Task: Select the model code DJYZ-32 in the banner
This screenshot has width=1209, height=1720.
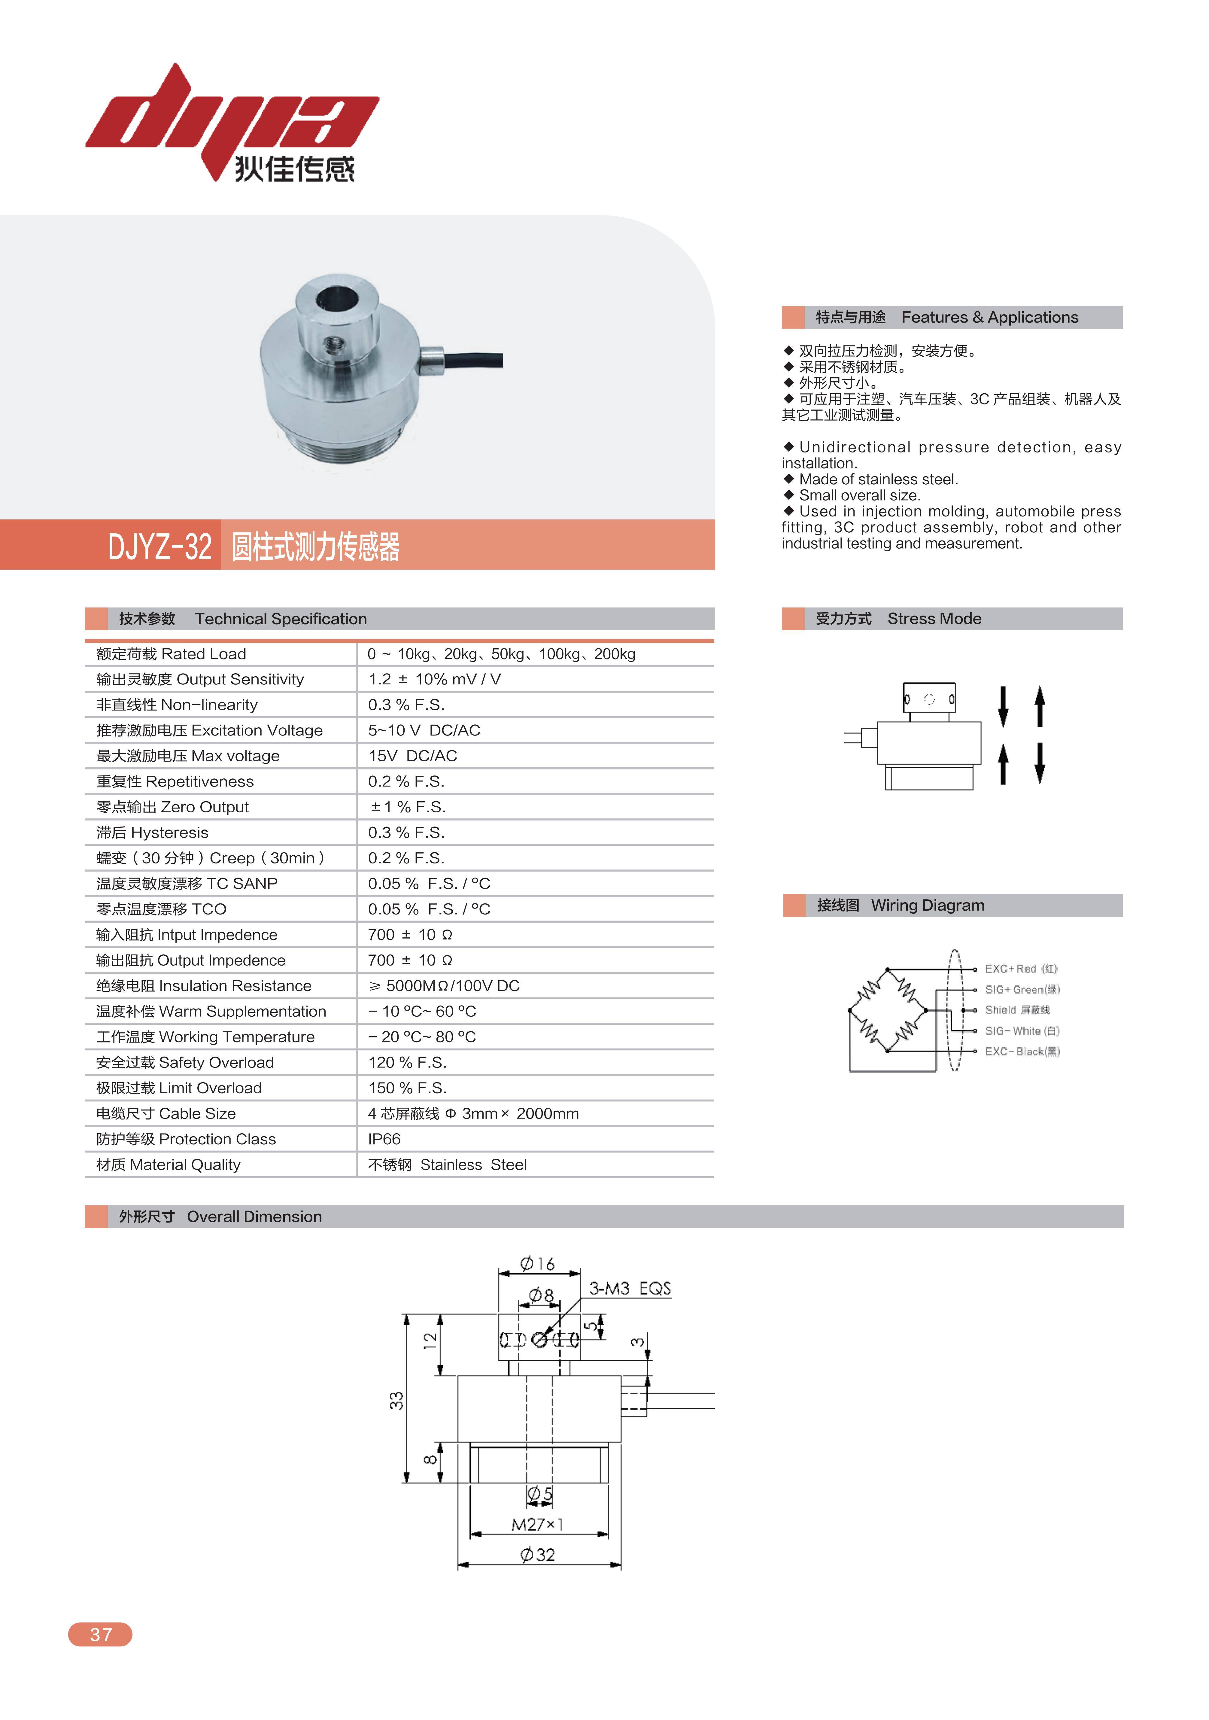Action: [159, 546]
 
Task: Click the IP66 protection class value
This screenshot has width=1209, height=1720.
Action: [384, 1139]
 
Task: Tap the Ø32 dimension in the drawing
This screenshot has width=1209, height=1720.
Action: [538, 1554]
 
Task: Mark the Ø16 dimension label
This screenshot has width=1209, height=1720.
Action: [538, 1264]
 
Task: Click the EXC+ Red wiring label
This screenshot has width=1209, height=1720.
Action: [1020, 969]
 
